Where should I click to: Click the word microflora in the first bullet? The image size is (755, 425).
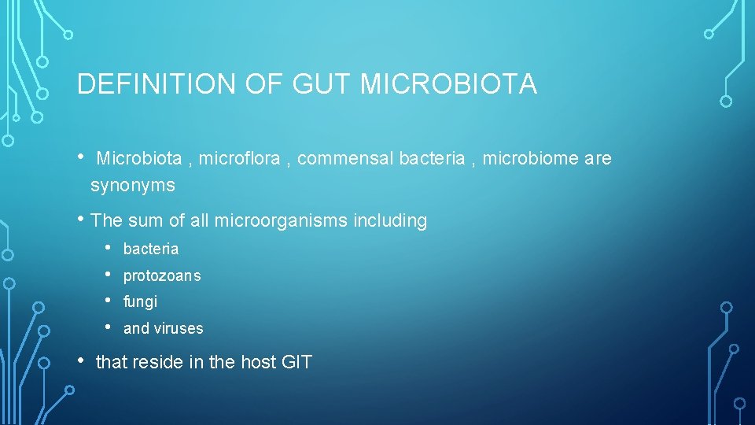click(239, 159)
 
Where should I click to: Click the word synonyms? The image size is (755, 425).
click(133, 186)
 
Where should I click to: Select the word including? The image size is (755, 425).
click(391, 221)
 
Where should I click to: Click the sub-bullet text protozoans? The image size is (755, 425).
click(162, 275)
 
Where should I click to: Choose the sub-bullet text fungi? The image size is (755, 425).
click(140, 301)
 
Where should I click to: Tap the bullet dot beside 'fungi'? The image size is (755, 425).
click(108, 301)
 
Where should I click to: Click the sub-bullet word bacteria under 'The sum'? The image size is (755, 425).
click(151, 249)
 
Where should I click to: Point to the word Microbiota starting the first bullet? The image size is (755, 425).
click(139, 159)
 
